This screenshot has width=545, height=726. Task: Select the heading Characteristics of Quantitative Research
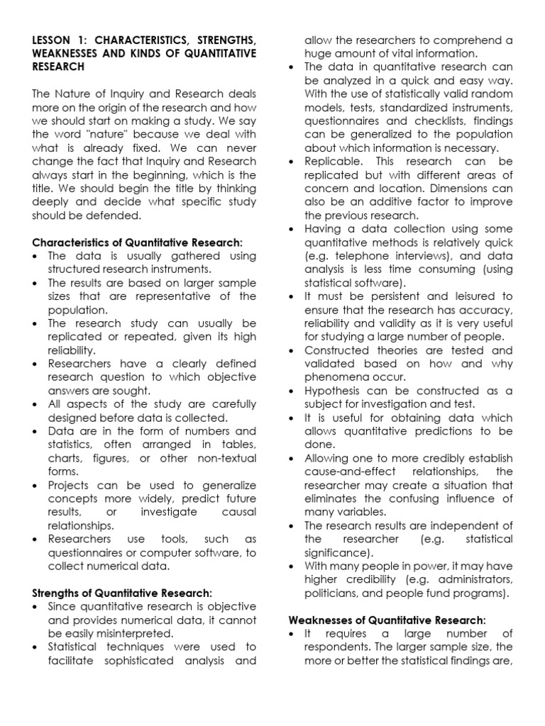click(x=137, y=243)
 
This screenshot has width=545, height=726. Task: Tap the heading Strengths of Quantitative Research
click(x=122, y=593)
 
